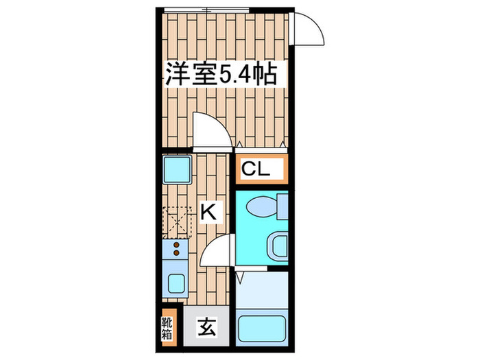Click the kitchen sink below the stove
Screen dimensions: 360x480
point(176,281)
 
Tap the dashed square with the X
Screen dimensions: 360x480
point(177,221)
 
